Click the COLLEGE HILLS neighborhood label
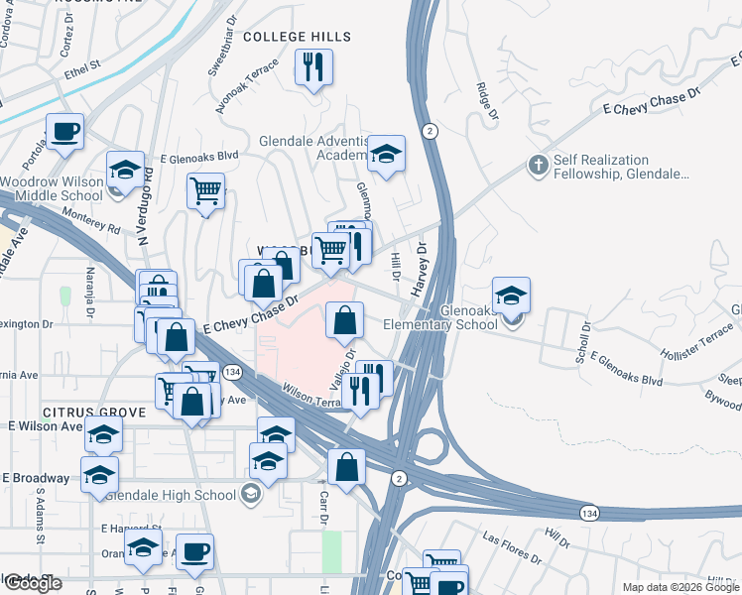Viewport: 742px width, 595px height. tap(298, 37)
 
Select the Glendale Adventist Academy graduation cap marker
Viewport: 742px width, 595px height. tap(386, 154)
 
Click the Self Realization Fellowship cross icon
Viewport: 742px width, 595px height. tap(538, 165)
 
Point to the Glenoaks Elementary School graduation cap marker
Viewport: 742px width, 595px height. tap(511, 296)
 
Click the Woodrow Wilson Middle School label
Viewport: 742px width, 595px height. tap(52, 189)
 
